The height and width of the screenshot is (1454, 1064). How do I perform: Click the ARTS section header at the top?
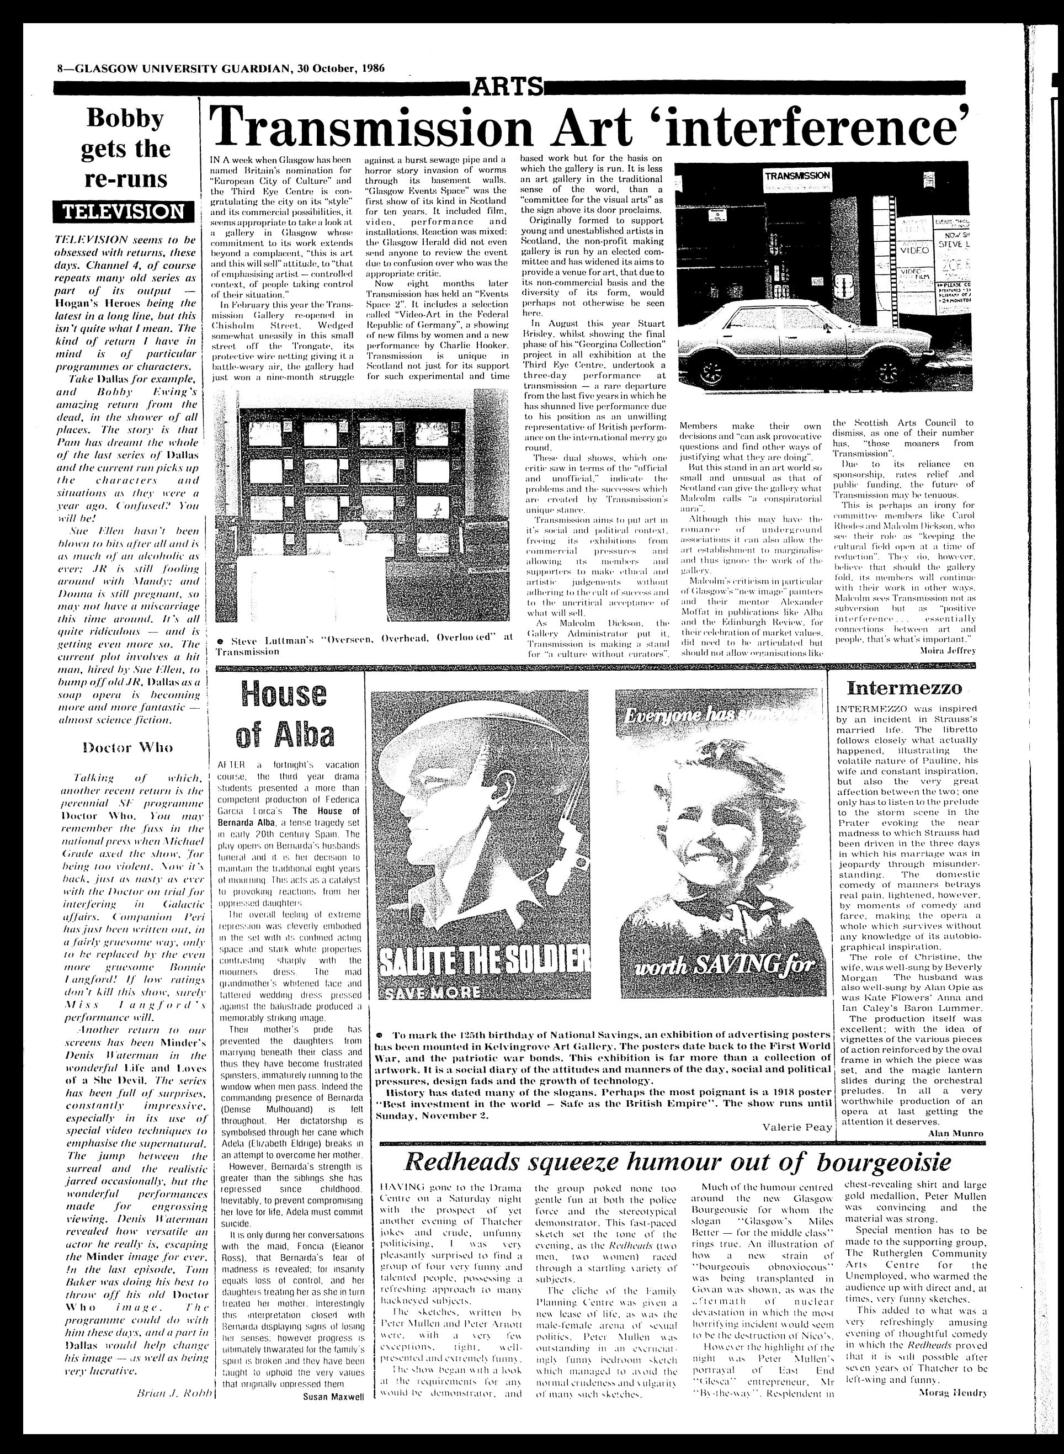tap(508, 86)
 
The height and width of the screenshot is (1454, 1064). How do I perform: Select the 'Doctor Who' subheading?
tap(127, 748)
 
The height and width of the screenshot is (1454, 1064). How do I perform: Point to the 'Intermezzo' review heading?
tap(905, 687)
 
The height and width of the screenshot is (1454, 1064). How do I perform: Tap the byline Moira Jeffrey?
tap(945, 652)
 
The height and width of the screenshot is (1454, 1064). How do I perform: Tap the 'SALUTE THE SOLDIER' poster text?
tap(483, 960)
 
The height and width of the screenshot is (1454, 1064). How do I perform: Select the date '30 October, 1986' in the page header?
tap(342, 70)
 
